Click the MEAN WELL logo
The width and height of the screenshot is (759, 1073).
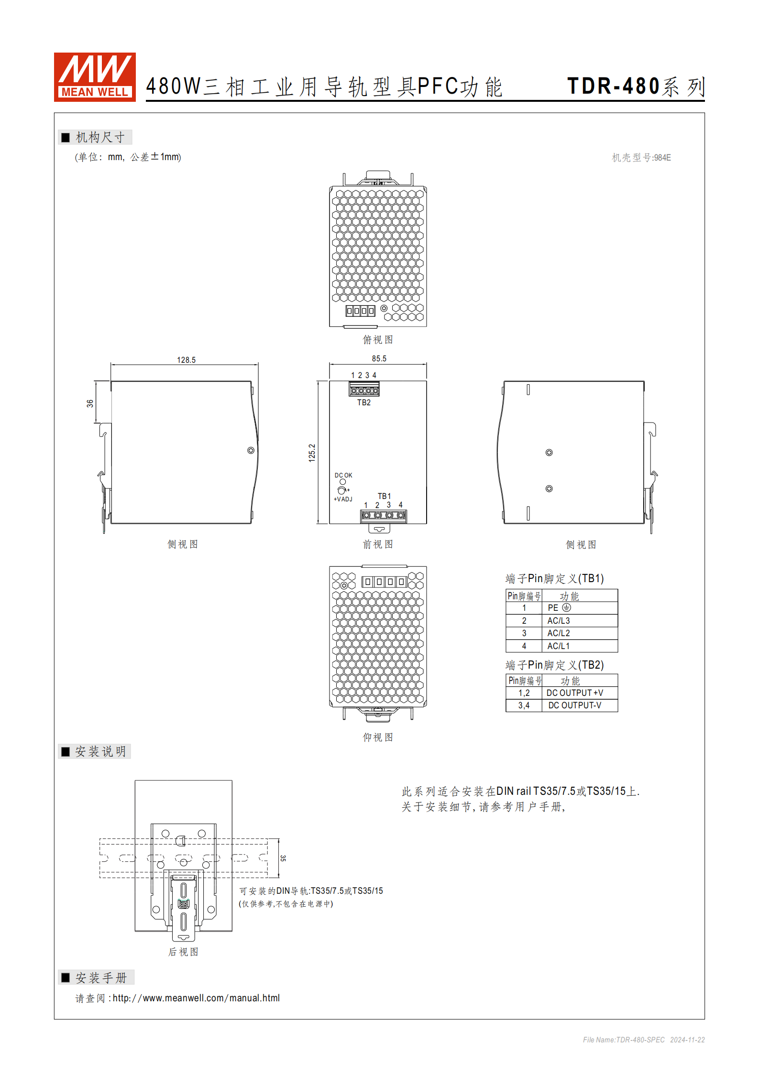(95, 77)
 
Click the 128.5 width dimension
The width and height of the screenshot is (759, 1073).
(186, 360)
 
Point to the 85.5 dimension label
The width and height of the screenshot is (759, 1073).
(379, 358)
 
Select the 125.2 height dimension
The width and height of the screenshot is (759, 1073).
(312, 453)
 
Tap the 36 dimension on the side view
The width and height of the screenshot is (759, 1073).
(90, 403)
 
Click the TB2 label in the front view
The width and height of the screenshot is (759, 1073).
(364, 402)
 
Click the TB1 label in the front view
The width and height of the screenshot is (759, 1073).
(385, 496)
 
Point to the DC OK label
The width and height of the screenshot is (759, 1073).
(343, 476)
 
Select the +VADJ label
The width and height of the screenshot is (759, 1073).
(343, 499)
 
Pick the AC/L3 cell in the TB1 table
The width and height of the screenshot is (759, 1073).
(559, 620)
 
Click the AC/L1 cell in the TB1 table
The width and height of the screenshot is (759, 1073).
(559, 646)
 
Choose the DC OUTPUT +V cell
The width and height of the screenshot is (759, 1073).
(575, 693)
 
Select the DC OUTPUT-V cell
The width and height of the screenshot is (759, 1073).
(575, 705)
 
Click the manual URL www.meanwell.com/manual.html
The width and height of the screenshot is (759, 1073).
(196, 998)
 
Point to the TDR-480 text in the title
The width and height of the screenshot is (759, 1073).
(614, 86)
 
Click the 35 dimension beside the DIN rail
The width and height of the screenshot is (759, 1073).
(283, 858)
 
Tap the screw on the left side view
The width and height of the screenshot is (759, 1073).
(251, 450)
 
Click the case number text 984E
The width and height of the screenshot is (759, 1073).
(662, 158)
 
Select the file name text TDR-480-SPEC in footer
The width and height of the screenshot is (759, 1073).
(640, 1040)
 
